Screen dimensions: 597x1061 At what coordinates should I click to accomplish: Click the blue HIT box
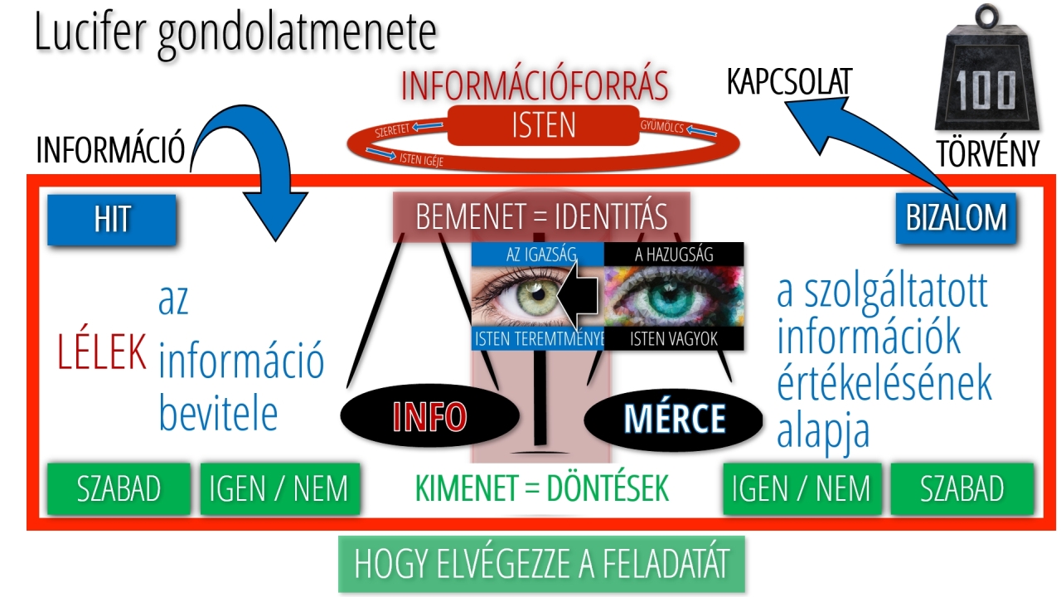[112, 220]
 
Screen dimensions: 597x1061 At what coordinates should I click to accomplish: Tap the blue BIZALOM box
[956, 219]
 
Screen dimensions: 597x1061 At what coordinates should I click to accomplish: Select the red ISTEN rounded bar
[543, 125]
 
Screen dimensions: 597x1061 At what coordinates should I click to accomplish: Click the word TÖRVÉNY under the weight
[986, 154]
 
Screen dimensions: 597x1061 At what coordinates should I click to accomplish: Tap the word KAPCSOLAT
[789, 83]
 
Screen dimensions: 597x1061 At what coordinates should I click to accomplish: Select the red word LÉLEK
[101, 353]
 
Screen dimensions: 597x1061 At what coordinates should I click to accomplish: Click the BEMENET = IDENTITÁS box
[541, 217]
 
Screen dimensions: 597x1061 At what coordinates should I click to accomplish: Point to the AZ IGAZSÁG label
[536, 254]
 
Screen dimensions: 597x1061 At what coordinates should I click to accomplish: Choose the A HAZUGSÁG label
[673, 254]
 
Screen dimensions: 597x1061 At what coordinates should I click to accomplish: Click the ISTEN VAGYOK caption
[673, 338]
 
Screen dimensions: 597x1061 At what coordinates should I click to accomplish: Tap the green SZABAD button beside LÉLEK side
[119, 488]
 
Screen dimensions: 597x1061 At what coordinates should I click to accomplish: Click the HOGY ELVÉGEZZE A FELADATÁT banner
[541, 565]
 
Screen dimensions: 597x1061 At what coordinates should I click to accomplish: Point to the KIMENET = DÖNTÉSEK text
[542, 489]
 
